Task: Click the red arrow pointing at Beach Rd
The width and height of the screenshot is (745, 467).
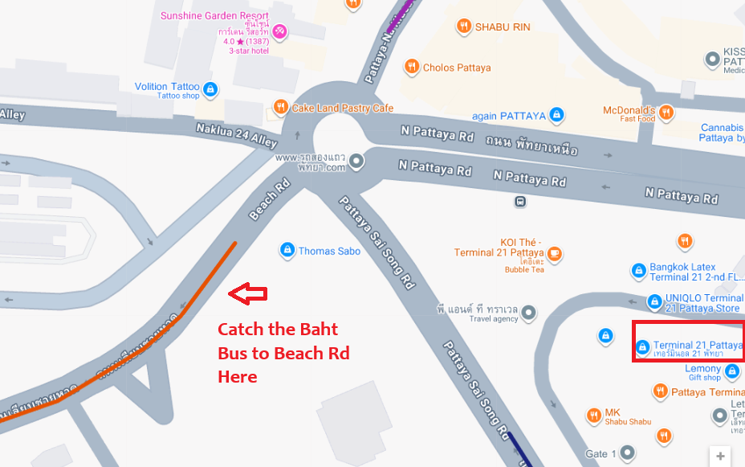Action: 247,294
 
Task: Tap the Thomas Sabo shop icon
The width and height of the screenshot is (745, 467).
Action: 287,251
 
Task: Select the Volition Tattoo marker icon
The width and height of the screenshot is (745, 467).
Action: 210,88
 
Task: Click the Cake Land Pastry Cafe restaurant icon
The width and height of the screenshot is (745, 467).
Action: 280,107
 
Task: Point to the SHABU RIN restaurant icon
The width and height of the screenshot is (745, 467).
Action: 463,27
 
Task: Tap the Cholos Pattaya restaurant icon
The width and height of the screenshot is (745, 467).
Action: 411,67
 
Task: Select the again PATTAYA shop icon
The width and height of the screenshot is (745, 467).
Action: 555,116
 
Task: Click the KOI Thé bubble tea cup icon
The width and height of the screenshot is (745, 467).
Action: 554,255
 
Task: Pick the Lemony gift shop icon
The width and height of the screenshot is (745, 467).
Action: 731,371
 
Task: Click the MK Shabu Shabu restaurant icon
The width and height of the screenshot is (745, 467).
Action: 593,416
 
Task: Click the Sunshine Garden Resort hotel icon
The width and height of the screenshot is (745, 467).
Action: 279,32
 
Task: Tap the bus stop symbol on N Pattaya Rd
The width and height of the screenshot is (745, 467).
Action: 520,201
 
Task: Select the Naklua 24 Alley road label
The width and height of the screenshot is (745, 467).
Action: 236,134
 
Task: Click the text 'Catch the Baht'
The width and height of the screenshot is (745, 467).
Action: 278,330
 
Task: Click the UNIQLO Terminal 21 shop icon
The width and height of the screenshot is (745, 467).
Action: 654,302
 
